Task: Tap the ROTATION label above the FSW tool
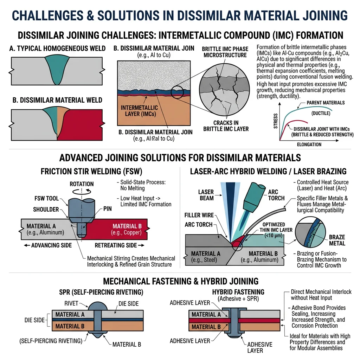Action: click(x=82, y=184)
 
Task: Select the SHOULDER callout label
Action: click(x=46, y=210)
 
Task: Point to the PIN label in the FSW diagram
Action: click(x=108, y=209)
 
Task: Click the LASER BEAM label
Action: click(x=206, y=195)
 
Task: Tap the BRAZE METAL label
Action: click(x=337, y=240)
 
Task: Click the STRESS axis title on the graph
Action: click(x=275, y=121)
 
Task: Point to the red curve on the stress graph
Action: click(x=288, y=123)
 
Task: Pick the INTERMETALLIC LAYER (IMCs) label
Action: click(x=139, y=111)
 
